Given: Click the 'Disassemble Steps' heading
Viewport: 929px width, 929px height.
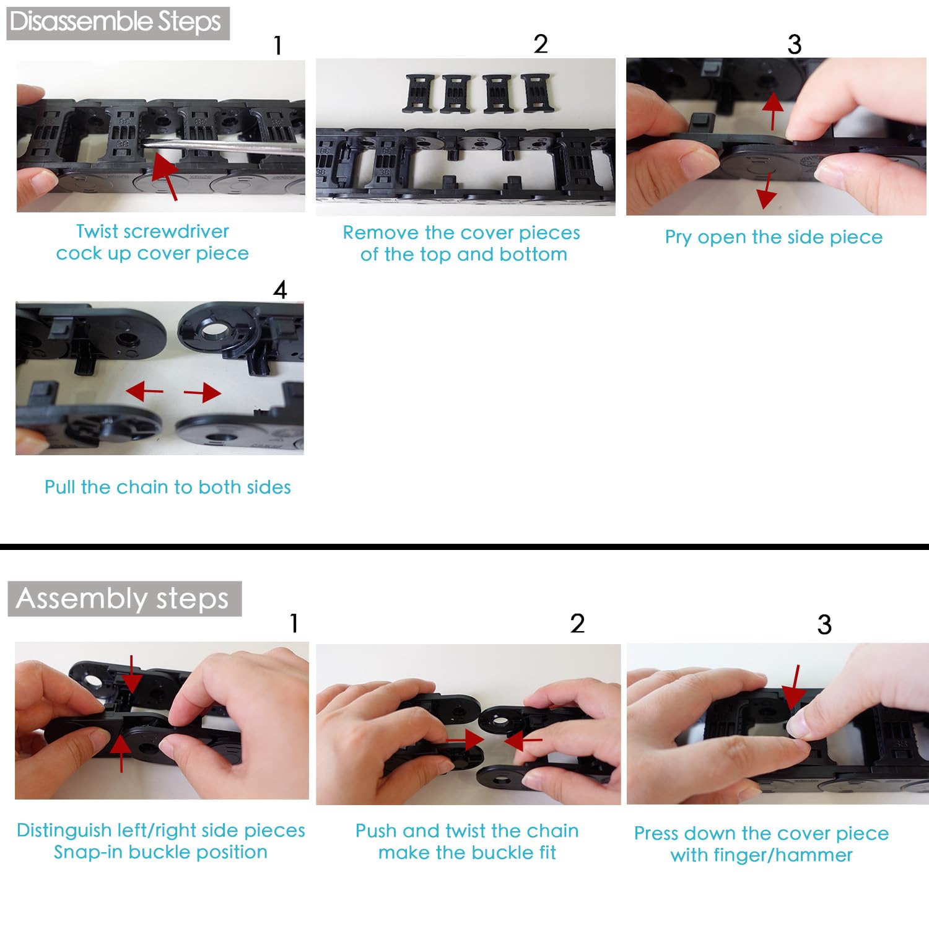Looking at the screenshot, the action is pos(116,22).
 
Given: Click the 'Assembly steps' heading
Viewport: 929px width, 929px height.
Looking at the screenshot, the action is pos(123,598).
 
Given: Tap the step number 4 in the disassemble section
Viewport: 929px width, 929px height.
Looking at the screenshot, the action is pos(280,290).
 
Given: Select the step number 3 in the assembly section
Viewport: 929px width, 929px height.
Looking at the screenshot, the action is pos(824,624).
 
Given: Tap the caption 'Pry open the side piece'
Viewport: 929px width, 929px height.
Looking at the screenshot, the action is pos(774,237).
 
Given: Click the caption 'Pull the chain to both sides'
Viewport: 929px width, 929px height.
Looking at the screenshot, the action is pos(167,487).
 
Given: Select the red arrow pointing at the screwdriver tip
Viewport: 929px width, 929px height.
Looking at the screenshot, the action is pos(165,177).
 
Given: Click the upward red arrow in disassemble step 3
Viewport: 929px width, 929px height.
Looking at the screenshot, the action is pos(772,111).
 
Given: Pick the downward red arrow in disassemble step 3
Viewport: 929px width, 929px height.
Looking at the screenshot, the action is pos(767,191).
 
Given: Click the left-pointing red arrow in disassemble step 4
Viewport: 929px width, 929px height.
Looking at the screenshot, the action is pos(144,391).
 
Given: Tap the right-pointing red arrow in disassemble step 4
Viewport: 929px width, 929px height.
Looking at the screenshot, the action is pos(203,393).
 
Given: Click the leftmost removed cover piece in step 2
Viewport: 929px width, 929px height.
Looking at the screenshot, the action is pos(419,94).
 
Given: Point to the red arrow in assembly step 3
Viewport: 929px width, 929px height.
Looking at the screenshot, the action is pos(792,688).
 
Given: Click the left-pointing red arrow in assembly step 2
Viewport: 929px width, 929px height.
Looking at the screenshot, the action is pos(523,740).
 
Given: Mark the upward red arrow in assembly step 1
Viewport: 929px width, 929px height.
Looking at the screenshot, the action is pos(121,752).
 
